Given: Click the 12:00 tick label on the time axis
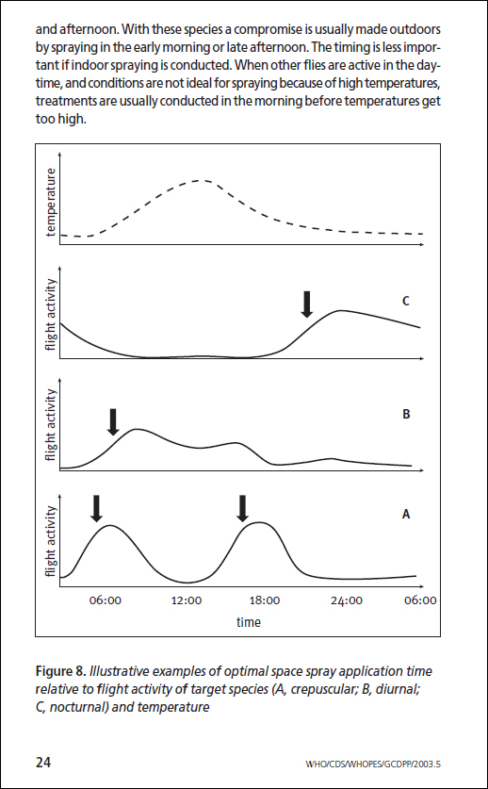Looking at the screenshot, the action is click(187, 600).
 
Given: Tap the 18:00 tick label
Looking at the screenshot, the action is click(265, 600).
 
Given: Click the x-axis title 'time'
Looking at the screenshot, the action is click(249, 622).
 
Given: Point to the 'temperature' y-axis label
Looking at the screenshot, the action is click(50, 203).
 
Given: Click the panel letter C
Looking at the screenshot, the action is click(405, 302).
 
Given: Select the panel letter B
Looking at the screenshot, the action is click(406, 415).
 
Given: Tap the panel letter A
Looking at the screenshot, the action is click(406, 514).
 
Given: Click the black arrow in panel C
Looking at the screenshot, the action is click(307, 304).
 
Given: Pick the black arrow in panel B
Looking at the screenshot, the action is click(113, 421).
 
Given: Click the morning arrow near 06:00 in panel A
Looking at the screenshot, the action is click(97, 508).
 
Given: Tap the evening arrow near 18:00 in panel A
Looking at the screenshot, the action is click(243, 508).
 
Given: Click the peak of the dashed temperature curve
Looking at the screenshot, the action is click(202, 180).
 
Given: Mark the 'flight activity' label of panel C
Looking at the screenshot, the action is click(50, 315).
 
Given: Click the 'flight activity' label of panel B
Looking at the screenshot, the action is click(50, 425).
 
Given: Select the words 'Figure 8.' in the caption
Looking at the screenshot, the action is click(61, 672).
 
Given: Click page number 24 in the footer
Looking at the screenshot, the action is click(42, 762).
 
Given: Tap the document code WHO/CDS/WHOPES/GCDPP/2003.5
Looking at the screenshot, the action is click(373, 764).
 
